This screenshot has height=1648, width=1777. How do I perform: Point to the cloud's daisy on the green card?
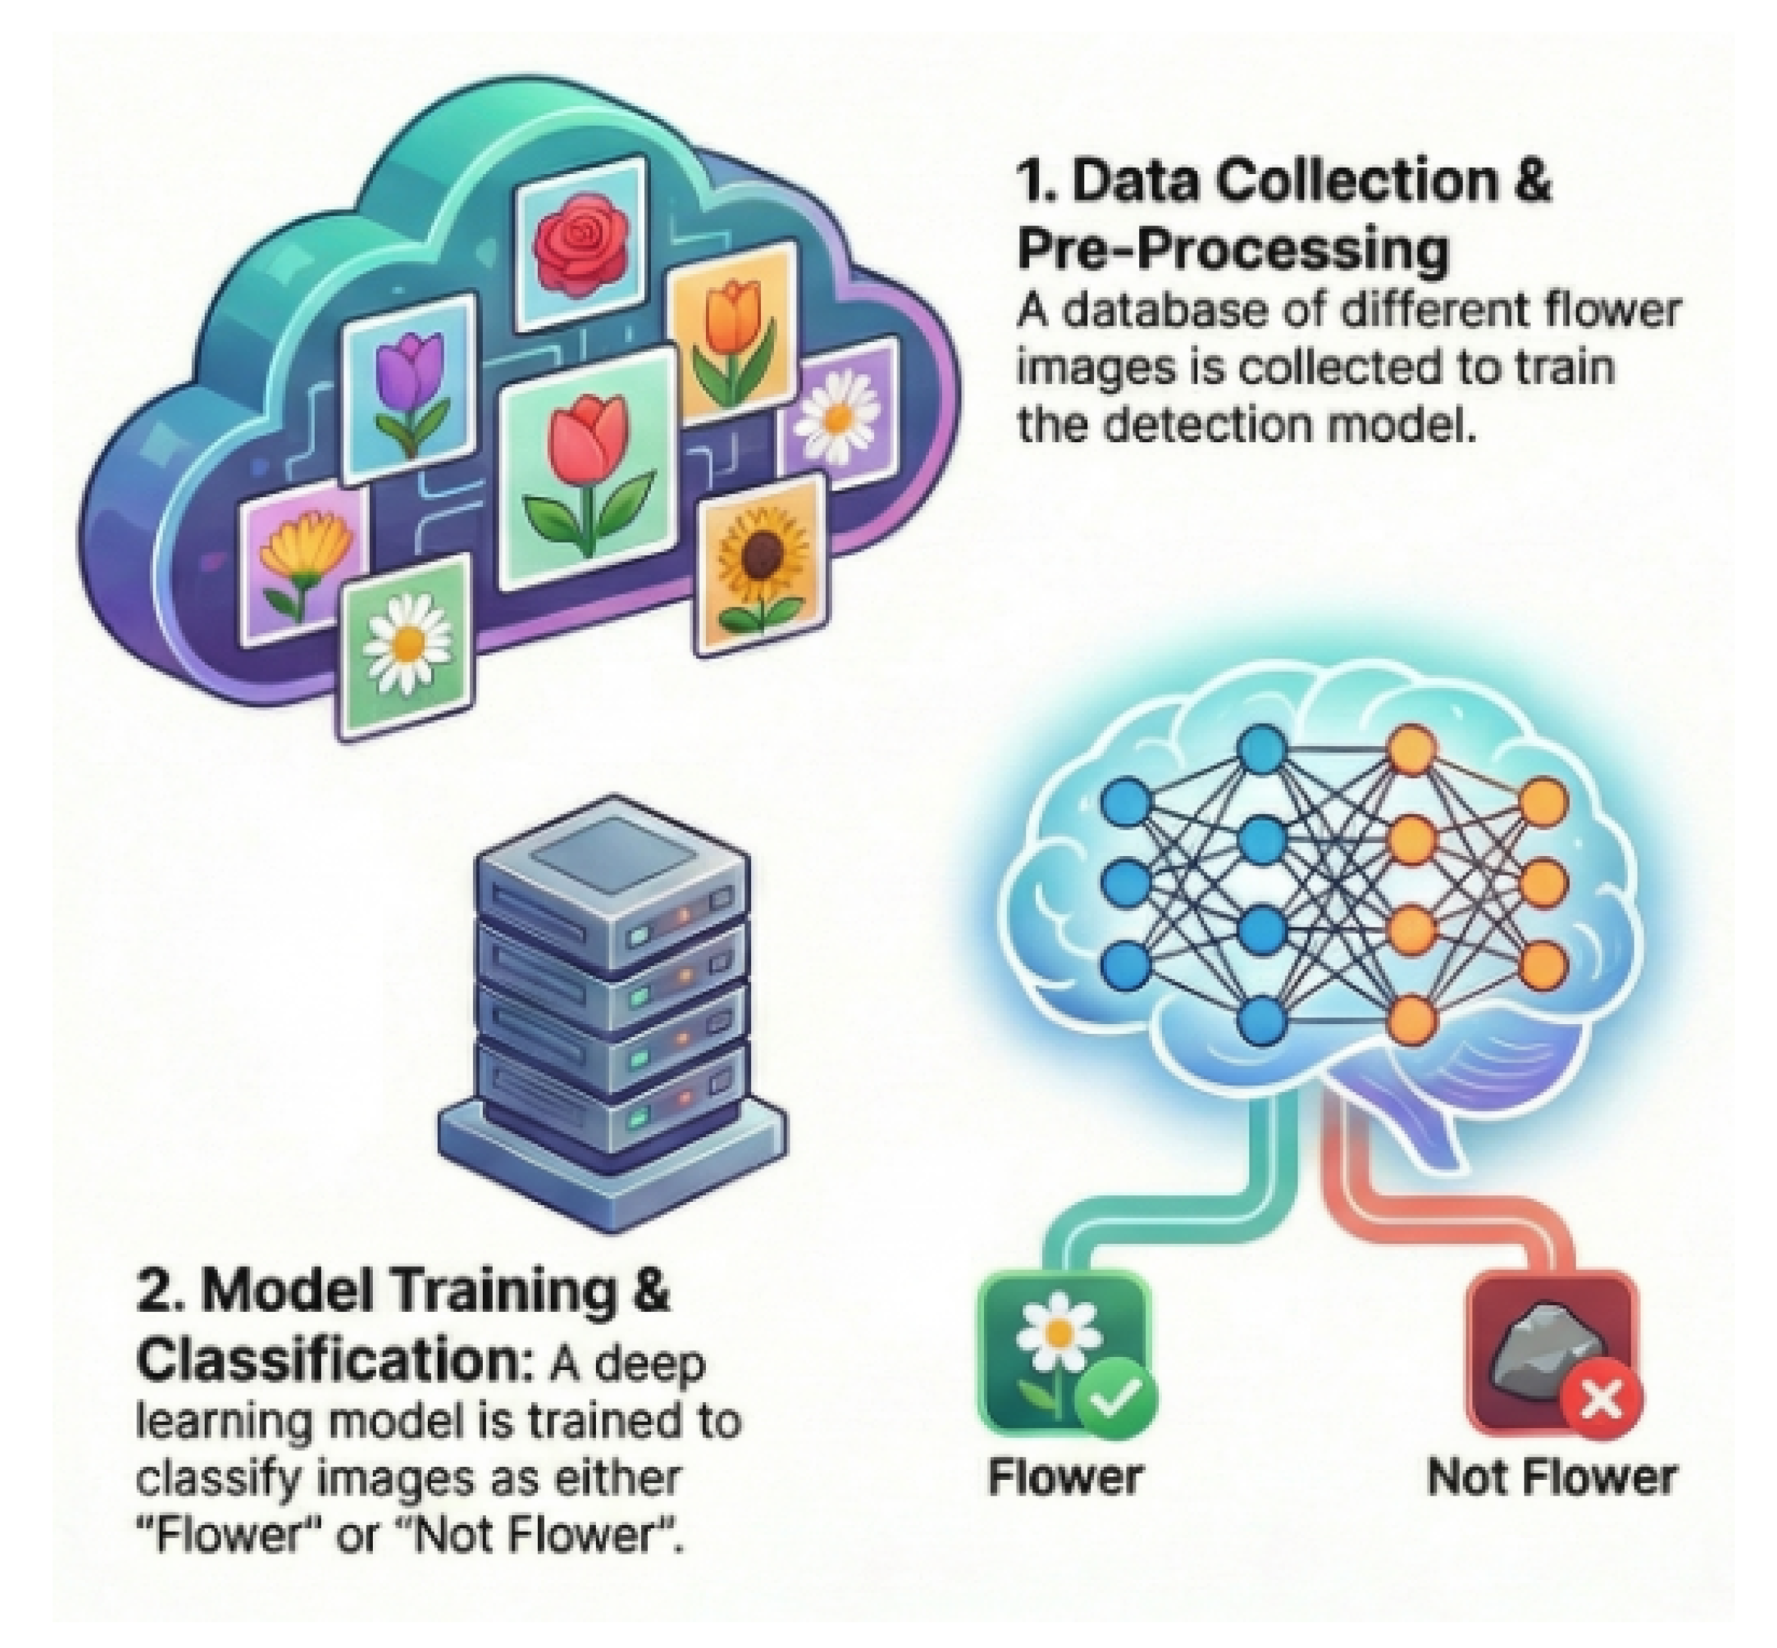click(x=408, y=644)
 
